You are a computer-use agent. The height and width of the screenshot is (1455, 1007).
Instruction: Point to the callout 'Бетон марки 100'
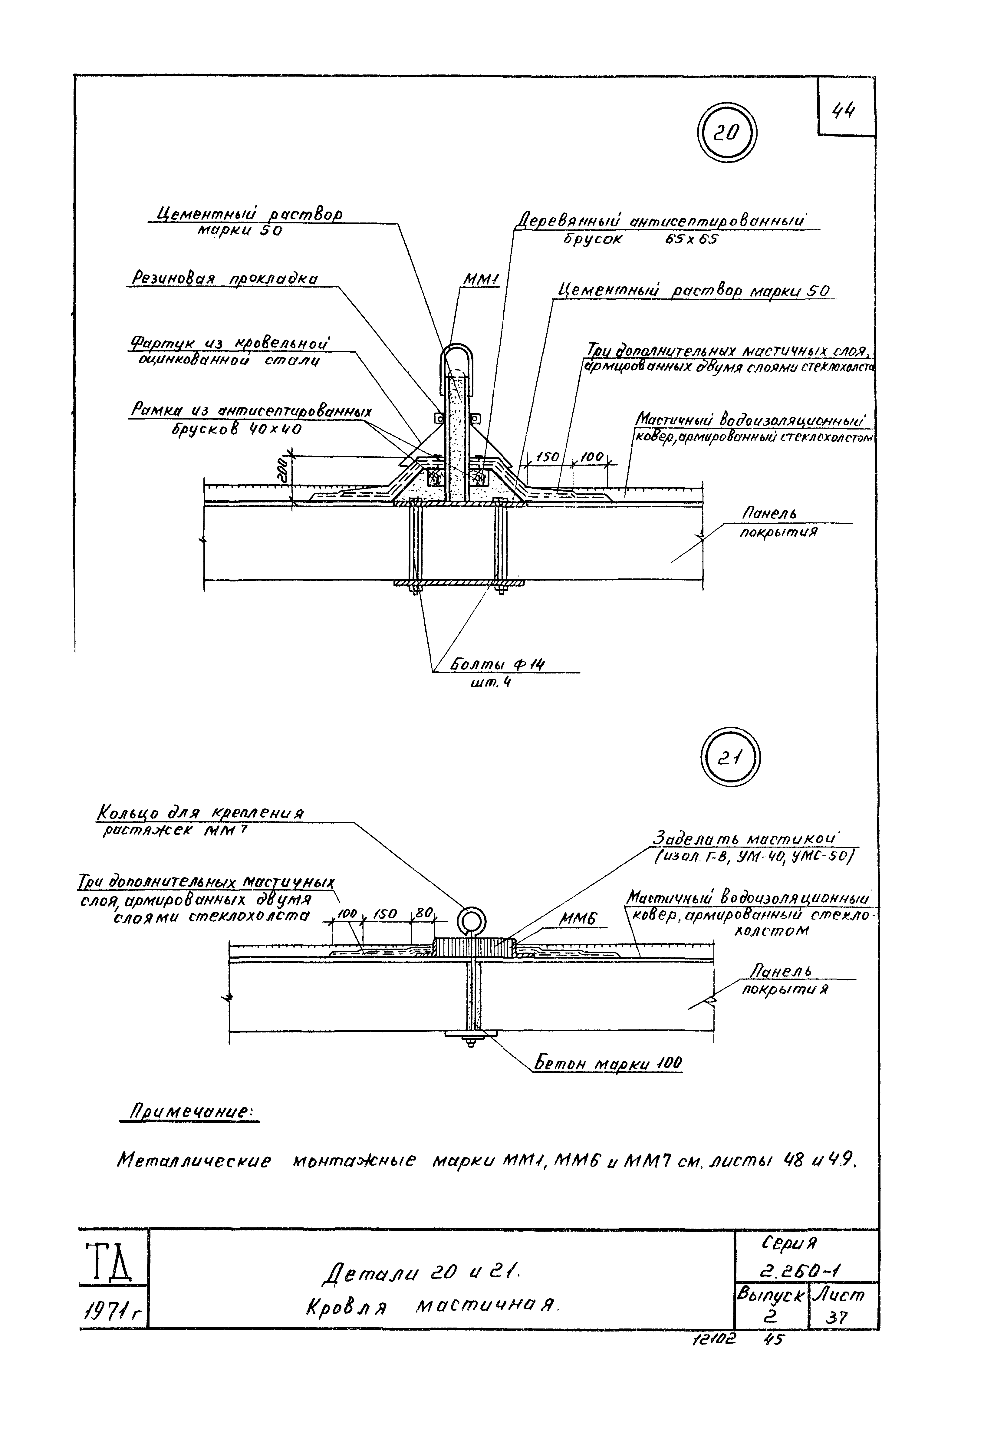click(608, 1064)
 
